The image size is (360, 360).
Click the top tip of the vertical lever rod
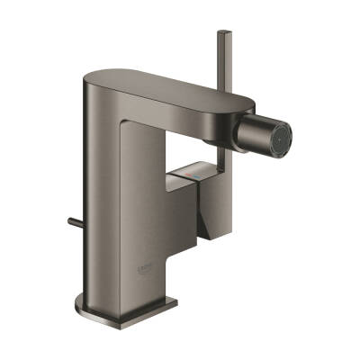tap(220, 32)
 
